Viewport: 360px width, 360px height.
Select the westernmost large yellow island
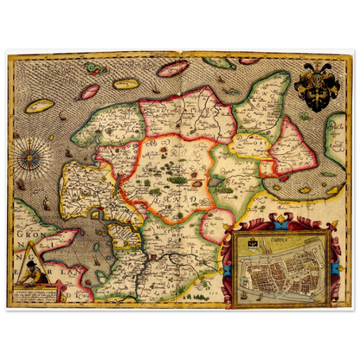pyautogui.click(x=40, y=106)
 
